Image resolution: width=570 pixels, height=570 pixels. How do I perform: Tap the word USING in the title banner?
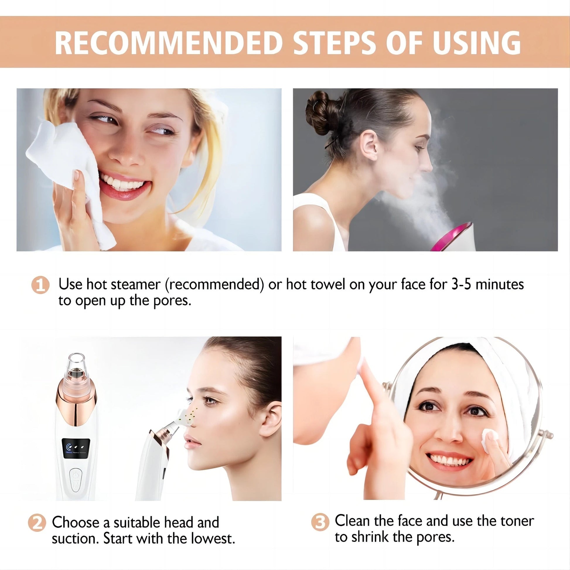coord(476,43)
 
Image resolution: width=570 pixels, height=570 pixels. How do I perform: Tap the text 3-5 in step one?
coord(461,284)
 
